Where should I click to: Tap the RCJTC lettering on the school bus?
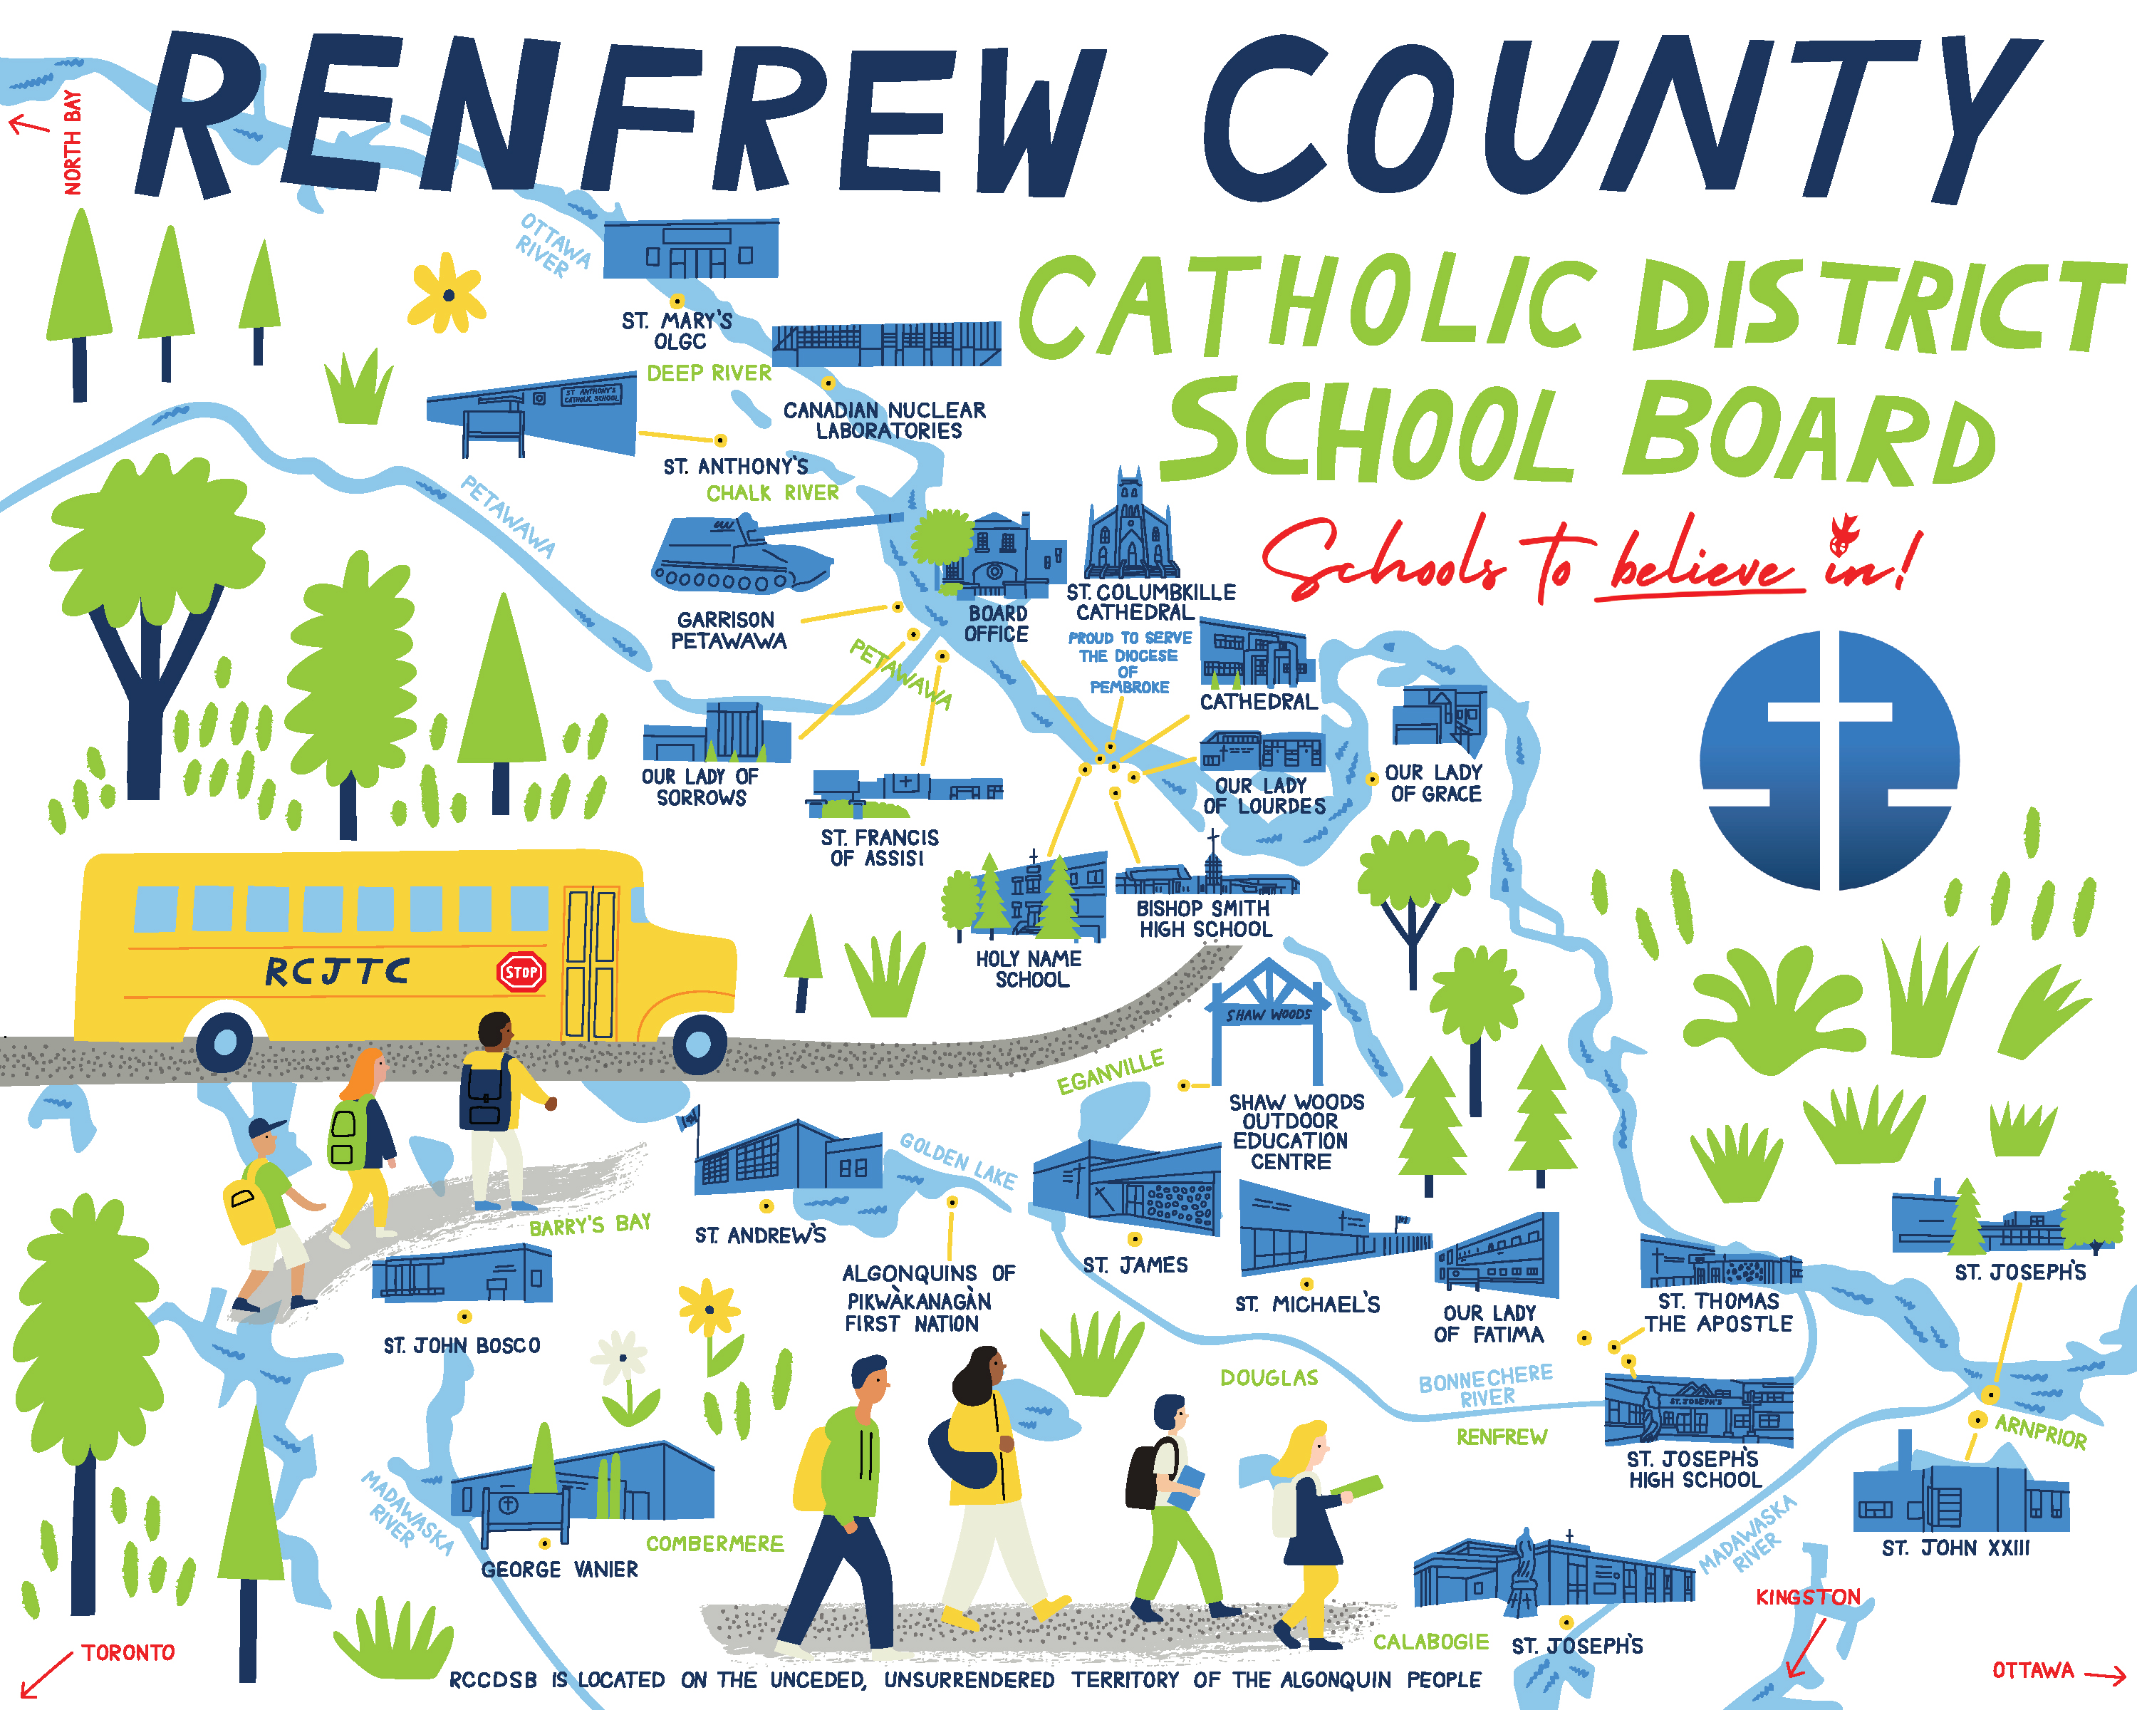[337, 971]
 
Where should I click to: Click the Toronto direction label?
[128, 1652]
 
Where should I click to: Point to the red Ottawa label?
[2033, 1670]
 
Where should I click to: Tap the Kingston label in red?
[1808, 1597]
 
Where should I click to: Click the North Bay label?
[73, 142]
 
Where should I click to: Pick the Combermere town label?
[714, 1543]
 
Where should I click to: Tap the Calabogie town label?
[1430, 1642]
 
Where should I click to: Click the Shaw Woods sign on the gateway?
[1268, 1014]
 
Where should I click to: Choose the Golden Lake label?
[957, 1160]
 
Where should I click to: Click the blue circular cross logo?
[1829, 760]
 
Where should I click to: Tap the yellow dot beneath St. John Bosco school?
[464, 1317]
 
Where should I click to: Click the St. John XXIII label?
[1955, 1548]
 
